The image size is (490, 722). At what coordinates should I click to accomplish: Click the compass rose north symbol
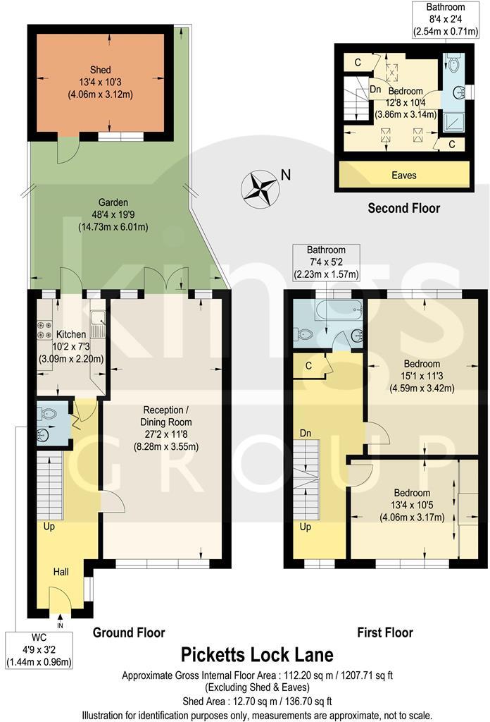(x=261, y=188)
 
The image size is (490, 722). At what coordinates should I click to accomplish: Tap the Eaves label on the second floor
(x=403, y=175)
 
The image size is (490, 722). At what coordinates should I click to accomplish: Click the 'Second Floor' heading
(x=403, y=208)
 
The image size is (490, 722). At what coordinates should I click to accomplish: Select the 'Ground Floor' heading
(x=129, y=632)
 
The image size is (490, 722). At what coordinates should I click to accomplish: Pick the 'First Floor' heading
(x=384, y=632)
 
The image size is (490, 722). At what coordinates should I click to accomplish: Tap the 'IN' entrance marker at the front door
(x=60, y=625)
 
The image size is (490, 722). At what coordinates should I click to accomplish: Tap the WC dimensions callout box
(x=39, y=651)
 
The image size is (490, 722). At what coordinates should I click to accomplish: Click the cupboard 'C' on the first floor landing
(x=308, y=365)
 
